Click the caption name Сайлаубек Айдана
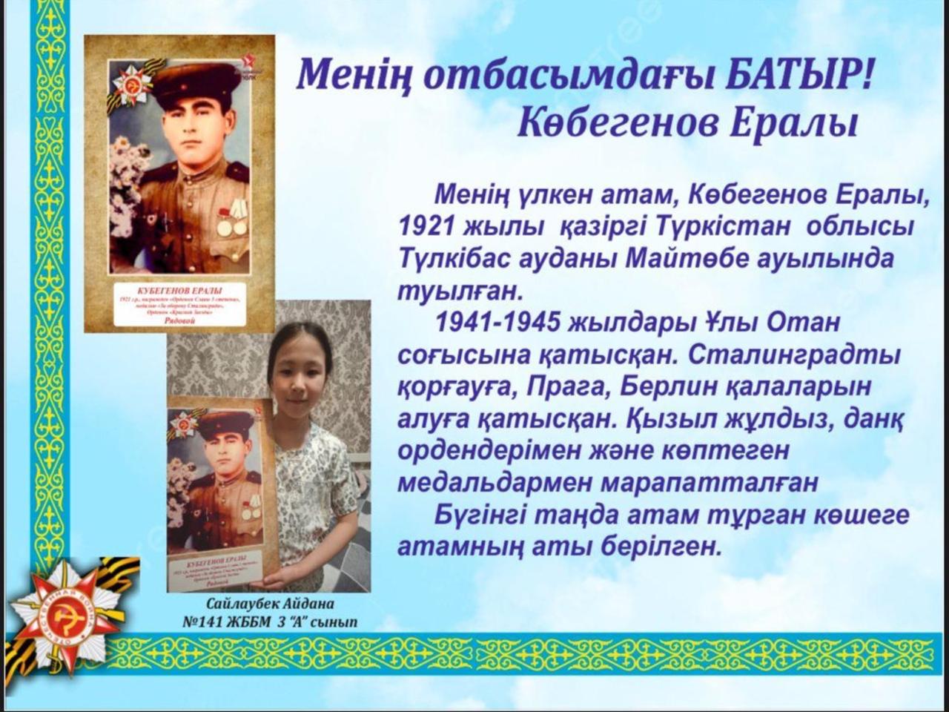[271, 604]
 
